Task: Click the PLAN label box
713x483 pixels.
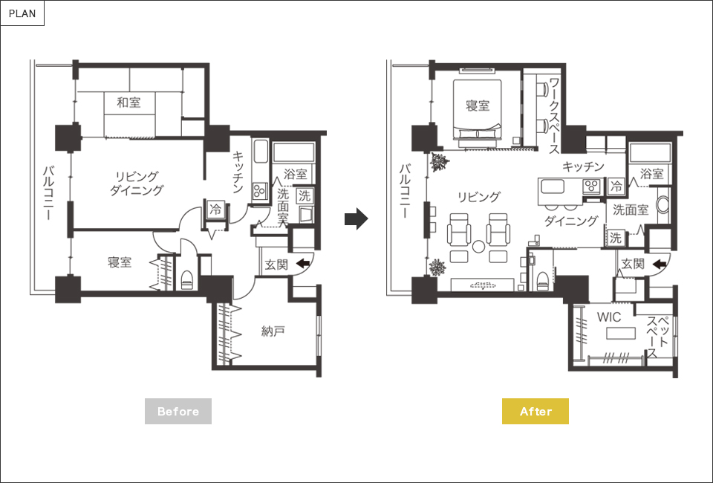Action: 22,13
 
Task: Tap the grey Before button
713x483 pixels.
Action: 178,411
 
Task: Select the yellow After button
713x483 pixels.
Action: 535,411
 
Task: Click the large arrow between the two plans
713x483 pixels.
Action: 356,218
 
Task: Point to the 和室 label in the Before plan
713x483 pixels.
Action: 128,103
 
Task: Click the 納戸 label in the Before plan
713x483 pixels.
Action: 273,331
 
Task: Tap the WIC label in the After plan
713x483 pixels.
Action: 609,317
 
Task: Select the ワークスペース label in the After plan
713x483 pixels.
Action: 554,117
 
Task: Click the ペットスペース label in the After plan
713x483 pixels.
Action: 657,337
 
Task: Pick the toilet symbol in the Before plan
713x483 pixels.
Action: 187,279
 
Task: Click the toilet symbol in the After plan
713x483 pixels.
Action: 542,281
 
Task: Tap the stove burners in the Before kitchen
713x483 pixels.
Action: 260,190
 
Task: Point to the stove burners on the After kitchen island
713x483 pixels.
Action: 592,186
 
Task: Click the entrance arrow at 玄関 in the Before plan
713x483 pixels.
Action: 303,263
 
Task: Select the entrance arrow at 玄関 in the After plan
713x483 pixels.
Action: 660,264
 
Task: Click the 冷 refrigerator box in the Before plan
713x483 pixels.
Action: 215,210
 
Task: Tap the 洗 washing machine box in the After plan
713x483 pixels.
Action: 615,237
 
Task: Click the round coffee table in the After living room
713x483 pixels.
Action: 478,247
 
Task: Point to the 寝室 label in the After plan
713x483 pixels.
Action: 478,106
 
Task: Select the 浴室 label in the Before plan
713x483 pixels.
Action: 296,174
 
